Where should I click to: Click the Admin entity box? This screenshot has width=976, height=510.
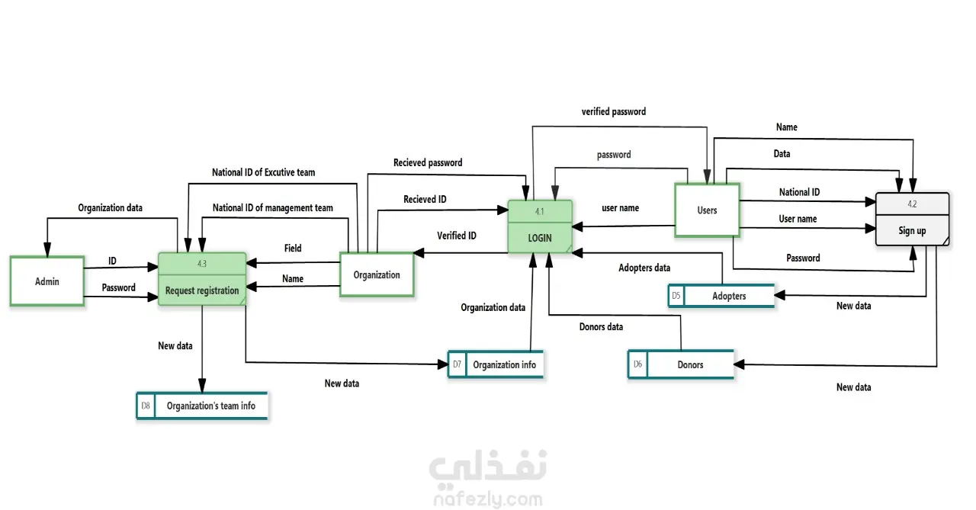[x=47, y=281]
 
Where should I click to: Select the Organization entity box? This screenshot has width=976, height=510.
[x=377, y=274]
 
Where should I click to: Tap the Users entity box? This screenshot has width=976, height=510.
[x=707, y=210]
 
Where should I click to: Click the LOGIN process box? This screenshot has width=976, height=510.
[x=540, y=226]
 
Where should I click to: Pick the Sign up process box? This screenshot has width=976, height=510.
[x=912, y=220]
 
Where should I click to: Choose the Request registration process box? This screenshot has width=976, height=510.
[x=202, y=279]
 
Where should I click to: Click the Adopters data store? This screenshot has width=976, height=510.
[x=721, y=296]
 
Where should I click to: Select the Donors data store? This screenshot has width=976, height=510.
[x=681, y=364]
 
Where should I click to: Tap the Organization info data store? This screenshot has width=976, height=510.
[x=496, y=364]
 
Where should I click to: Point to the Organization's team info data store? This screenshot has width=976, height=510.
[x=203, y=406]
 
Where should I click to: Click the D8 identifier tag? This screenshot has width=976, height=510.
[x=146, y=406]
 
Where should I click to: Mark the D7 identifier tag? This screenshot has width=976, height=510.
[x=457, y=364]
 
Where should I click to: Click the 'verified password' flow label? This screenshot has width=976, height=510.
[x=613, y=111]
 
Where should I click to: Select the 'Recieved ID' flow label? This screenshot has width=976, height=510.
[x=425, y=200]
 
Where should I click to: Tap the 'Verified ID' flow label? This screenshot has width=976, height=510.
[x=456, y=236]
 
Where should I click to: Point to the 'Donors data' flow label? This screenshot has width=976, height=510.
[x=601, y=327]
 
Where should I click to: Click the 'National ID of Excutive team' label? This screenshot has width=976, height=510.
[x=263, y=172]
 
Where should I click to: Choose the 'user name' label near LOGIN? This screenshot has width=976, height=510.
[x=620, y=207]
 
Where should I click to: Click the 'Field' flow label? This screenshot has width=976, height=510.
[x=293, y=248]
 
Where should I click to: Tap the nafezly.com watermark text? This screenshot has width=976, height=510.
[x=488, y=499]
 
